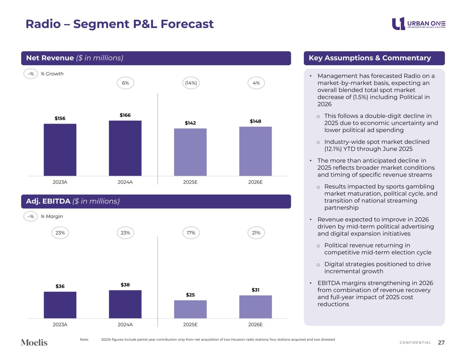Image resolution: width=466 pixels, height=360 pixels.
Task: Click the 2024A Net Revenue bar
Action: [x=125, y=148]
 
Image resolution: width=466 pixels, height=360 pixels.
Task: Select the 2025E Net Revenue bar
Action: [x=190, y=152]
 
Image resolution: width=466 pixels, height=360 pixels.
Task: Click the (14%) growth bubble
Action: [x=191, y=83]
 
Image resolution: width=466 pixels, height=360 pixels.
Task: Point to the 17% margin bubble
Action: [x=191, y=233]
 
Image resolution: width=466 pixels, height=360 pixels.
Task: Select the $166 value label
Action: [x=125, y=115]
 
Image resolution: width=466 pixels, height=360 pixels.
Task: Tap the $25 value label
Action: [x=190, y=295]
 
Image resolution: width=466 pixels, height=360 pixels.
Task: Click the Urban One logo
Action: [x=418, y=24]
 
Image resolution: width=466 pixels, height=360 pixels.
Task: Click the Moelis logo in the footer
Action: [x=34, y=342]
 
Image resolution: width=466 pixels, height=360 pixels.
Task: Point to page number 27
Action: [x=441, y=343]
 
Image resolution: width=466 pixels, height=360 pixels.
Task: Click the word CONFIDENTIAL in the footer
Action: [x=415, y=343]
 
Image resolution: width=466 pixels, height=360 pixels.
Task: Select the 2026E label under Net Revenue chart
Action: [x=255, y=182]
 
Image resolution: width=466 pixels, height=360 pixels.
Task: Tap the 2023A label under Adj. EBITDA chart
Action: [x=60, y=325]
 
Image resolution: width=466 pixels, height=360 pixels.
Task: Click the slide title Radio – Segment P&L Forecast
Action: [x=119, y=24]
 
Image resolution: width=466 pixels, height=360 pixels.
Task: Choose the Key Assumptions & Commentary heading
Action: [x=370, y=58]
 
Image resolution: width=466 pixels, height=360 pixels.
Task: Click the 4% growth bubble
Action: [x=256, y=83]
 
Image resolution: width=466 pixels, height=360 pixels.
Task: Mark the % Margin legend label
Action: [x=52, y=216]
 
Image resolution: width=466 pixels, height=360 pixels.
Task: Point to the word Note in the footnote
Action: [x=84, y=340]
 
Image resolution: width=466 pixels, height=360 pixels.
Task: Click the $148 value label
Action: [x=255, y=121]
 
